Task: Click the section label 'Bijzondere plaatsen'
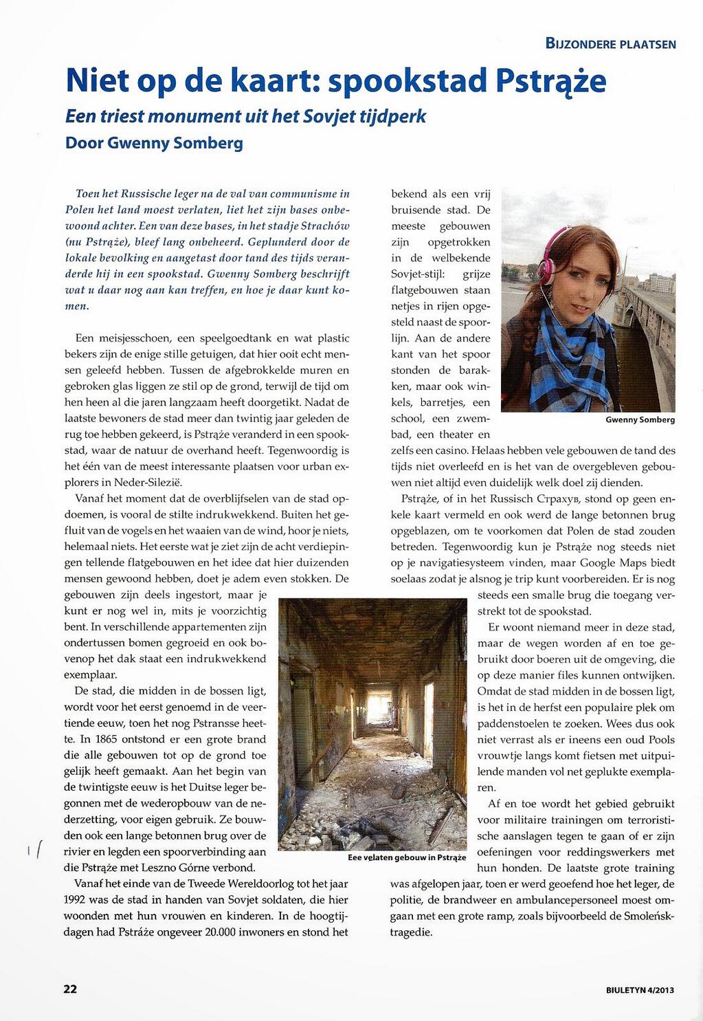pos(610,44)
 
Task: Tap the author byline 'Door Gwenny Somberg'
pos(154,143)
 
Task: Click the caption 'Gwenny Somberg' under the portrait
pos(640,419)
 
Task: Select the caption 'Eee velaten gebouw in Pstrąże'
pos(406,857)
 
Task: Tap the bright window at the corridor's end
pos(375,707)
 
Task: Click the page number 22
pos(70,989)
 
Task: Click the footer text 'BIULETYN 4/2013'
pos(640,990)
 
